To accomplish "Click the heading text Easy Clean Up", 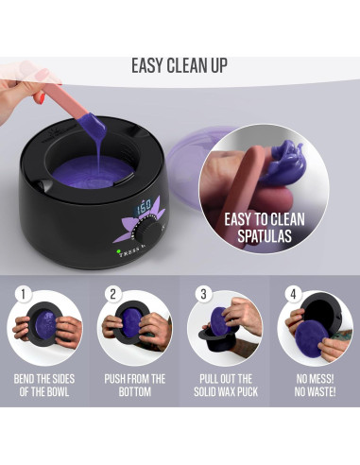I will pos(179,66).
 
